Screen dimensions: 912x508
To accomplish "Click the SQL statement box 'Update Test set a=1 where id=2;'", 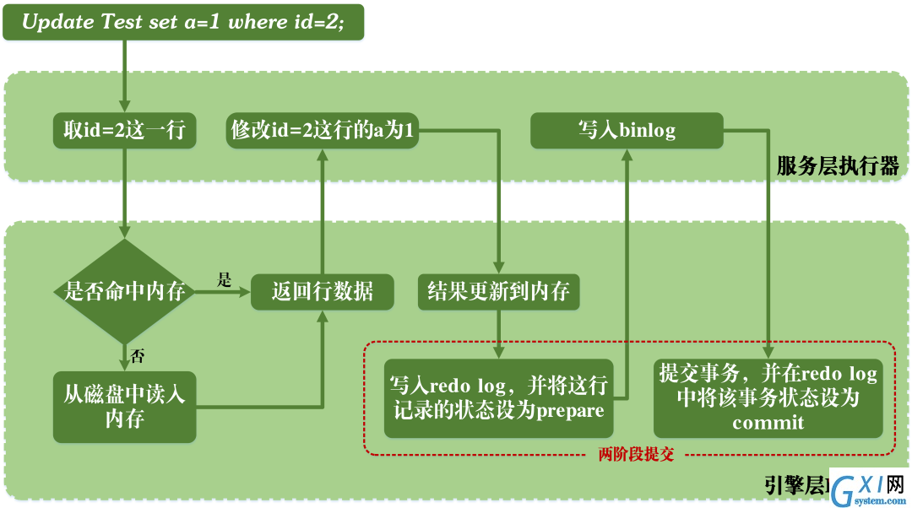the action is (x=183, y=22).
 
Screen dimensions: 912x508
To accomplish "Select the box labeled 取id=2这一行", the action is (x=124, y=130).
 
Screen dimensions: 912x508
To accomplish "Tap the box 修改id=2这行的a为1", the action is (x=323, y=130).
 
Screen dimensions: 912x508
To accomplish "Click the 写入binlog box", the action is (x=627, y=130).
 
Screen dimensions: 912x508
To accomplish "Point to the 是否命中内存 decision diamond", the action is (x=124, y=291).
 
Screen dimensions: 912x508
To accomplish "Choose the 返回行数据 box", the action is (x=323, y=292).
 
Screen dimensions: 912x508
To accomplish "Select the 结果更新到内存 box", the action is (x=498, y=292).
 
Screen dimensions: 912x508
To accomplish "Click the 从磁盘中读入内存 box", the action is (x=124, y=407).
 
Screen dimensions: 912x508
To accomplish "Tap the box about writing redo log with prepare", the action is (x=498, y=398).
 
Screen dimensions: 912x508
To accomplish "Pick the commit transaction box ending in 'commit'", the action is (x=768, y=398).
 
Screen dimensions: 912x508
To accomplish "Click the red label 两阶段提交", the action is (x=636, y=454).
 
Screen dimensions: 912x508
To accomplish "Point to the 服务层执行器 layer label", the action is (x=838, y=166).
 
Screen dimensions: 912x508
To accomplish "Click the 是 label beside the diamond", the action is (x=224, y=279).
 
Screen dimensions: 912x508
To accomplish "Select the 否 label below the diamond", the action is (x=138, y=356).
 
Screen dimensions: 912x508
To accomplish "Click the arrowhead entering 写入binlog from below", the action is (x=627, y=154).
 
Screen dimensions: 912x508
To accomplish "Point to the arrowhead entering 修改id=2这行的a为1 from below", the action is (x=323, y=154).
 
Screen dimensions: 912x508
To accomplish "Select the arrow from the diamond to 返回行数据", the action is (x=223, y=292).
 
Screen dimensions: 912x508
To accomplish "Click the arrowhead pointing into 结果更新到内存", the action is (x=498, y=268).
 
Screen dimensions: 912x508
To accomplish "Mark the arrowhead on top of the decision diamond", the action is (x=124, y=233).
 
